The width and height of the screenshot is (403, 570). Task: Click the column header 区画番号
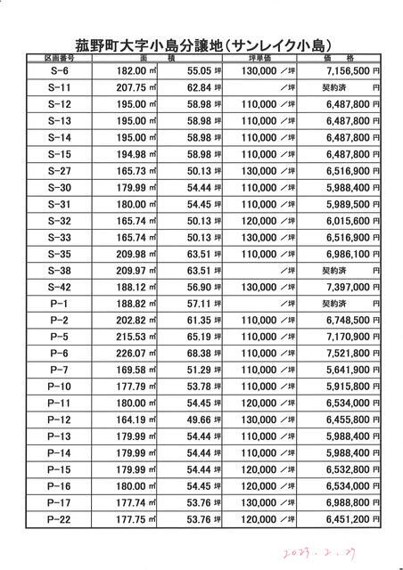pyautogui.click(x=59, y=57)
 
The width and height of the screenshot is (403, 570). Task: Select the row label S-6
pyautogui.click(x=59, y=69)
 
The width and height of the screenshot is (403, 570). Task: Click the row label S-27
pyautogui.click(x=59, y=170)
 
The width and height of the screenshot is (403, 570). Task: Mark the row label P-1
pyautogui.click(x=59, y=304)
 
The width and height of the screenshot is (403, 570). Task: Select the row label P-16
pyautogui.click(x=59, y=487)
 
